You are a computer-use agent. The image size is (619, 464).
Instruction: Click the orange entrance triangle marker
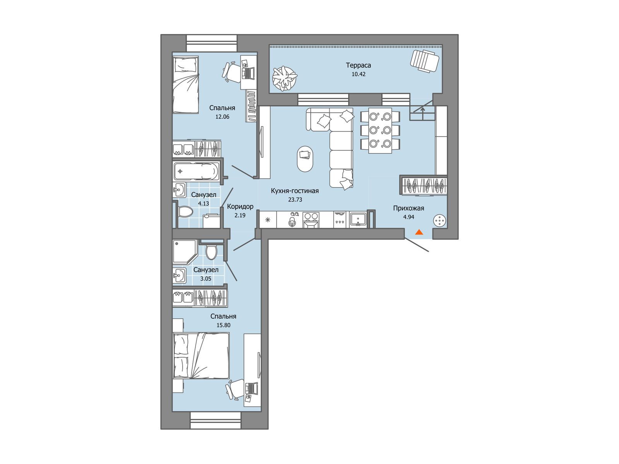click(419, 232)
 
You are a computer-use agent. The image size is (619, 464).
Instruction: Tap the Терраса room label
click(358, 65)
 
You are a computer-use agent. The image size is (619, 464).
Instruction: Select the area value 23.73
click(295, 200)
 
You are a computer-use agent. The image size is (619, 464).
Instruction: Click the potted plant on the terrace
click(285, 78)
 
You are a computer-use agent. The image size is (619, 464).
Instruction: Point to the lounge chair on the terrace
click(424, 61)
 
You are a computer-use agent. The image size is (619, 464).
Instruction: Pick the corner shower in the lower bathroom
click(185, 252)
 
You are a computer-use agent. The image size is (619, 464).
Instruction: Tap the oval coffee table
click(305, 159)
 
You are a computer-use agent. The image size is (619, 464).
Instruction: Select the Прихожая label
click(409, 208)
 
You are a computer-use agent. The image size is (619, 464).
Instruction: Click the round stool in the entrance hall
click(439, 220)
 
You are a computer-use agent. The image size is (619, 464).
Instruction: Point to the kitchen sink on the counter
click(358, 220)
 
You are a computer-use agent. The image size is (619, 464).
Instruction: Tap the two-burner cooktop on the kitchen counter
click(311, 220)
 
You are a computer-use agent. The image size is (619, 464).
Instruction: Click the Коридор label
click(240, 206)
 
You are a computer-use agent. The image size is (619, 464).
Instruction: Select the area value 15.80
click(223, 325)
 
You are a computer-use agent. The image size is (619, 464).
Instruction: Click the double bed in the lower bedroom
click(201, 355)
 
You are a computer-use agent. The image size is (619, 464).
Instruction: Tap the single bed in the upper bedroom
click(186, 85)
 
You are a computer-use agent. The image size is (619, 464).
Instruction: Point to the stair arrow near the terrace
click(422, 112)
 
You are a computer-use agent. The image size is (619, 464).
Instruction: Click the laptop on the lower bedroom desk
click(251, 389)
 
